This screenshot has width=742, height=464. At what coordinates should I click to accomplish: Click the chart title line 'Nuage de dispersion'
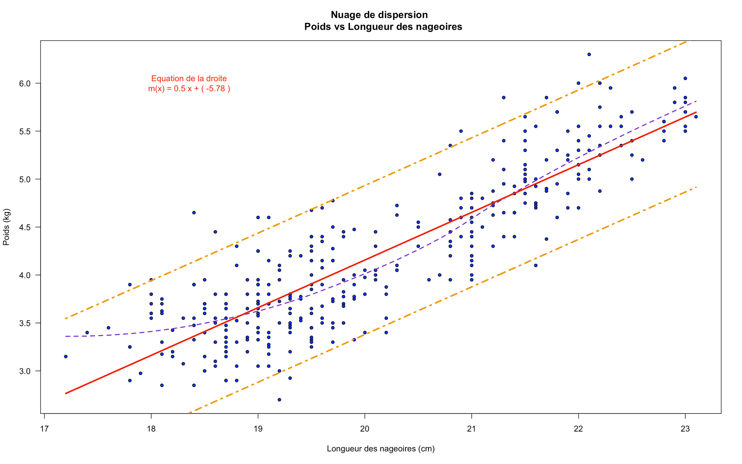(379, 15)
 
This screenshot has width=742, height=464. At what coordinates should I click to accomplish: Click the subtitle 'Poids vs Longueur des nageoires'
(383, 27)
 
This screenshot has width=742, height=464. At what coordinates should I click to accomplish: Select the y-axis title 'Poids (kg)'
(6, 227)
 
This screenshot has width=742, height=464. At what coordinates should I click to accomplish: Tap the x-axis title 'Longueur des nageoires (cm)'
(381, 449)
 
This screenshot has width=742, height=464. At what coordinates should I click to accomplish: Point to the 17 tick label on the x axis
(44, 429)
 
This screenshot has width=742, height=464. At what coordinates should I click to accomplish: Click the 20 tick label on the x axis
(365, 429)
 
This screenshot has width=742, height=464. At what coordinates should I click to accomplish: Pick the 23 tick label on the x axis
(685, 429)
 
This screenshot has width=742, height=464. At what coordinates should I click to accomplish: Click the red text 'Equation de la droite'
(189, 78)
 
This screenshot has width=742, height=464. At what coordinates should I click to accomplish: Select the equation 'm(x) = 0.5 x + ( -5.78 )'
(189, 89)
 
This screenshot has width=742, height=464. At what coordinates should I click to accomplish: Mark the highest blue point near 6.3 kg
(589, 55)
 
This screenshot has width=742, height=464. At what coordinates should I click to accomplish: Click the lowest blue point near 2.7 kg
(279, 399)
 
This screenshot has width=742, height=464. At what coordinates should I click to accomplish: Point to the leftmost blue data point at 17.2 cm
(66, 357)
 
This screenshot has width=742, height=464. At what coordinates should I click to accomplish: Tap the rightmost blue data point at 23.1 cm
(696, 117)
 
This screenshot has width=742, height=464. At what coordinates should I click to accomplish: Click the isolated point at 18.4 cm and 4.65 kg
(194, 213)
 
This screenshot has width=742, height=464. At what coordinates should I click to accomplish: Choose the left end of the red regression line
(66, 393)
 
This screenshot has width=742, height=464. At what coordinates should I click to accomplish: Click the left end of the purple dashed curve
(66, 336)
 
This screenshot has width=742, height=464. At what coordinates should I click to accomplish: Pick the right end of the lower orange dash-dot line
(696, 188)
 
